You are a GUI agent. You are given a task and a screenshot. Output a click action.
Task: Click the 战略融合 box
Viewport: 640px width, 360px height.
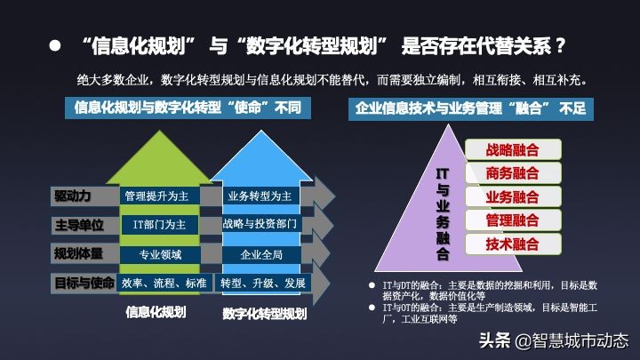[513, 149]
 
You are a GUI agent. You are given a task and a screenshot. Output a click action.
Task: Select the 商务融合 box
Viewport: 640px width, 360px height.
[513, 172]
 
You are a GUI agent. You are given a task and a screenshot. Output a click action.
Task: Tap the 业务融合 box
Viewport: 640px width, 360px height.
[513, 196]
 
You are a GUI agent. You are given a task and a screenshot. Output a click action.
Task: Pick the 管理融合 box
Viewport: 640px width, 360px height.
[513, 220]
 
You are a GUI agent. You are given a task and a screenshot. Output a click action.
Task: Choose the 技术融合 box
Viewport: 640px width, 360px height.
[513, 244]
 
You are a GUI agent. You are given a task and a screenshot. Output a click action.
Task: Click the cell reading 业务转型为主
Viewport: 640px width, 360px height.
[261, 196]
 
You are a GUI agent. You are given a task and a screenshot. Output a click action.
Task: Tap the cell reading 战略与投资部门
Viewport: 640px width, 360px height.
[261, 225]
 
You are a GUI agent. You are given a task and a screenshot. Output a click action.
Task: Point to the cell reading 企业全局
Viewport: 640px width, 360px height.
[261, 254]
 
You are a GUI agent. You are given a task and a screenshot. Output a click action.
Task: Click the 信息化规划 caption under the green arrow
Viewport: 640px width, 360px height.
[156, 311]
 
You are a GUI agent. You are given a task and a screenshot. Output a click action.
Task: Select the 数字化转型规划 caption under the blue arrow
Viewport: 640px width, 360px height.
[265, 314]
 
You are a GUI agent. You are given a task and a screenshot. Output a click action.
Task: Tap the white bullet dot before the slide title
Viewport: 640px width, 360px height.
[54, 45]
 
